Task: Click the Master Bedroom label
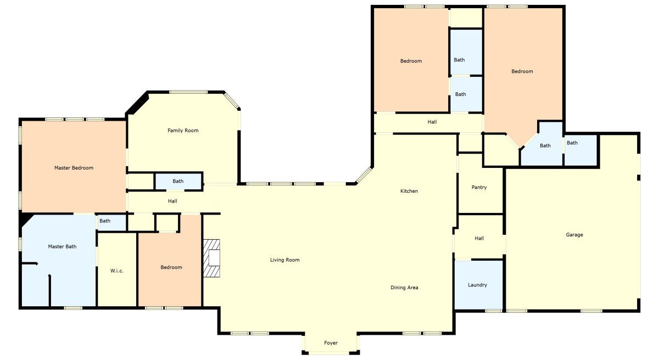click(74, 168)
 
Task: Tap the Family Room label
click(183, 131)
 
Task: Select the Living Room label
click(285, 260)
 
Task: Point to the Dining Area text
click(404, 288)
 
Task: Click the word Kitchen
click(409, 191)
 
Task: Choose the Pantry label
click(479, 187)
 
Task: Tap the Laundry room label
click(477, 285)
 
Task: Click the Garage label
click(574, 234)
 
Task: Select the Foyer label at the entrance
click(331, 342)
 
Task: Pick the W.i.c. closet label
click(117, 271)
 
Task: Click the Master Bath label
click(62, 246)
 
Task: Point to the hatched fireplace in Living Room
click(211, 258)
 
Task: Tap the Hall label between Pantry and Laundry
click(479, 238)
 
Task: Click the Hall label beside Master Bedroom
click(172, 201)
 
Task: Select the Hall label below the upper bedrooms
click(432, 122)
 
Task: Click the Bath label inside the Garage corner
click(572, 143)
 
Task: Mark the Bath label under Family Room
click(178, 181)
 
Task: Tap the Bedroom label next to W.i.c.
click(171, 267)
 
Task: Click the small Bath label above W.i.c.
click(105, 221)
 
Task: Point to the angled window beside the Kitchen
click(364, 175)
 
